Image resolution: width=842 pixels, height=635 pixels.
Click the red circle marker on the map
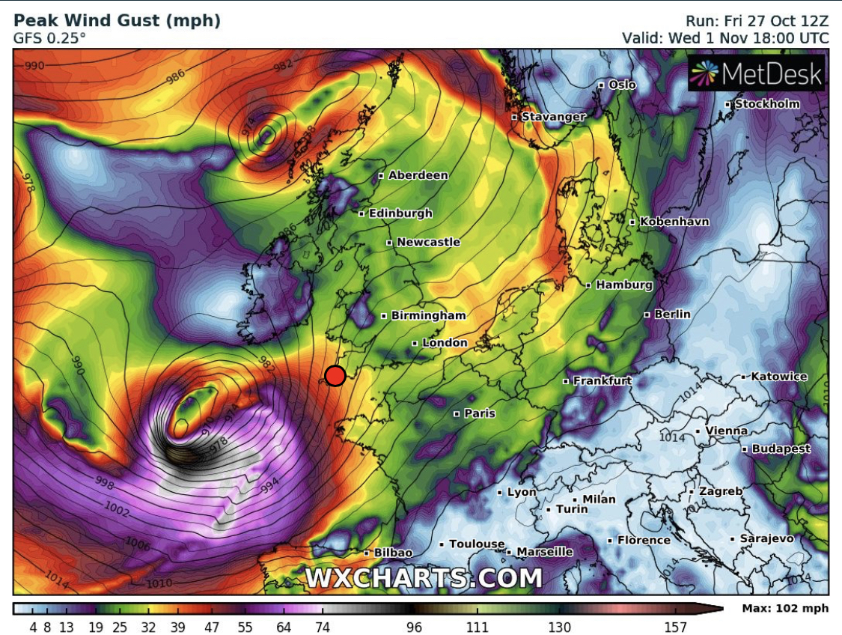pyautogui.click(x=335, y=375)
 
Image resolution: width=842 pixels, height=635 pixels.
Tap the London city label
pyautogui.click(x=445, y=343)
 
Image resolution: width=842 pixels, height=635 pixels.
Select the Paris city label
pyautogui.click(x=480, y=413)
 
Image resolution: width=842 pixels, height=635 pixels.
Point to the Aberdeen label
pyautogui.click(x=418, y=175)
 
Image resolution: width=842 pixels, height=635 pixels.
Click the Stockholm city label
pyautogui.click(x=767, y=104)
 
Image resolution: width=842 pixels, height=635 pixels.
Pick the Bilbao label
pyautogui.click(x=393, y=553)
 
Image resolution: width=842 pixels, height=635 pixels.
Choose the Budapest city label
pyautogui.click(x=781, y=449)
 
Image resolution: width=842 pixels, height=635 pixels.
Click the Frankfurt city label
pyautogui.click(x=602, y=380)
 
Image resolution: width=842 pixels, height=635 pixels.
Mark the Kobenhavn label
pyautogui.click(x=674, y=222)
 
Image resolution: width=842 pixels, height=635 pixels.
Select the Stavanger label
pyautogui.click(x=553, y=117)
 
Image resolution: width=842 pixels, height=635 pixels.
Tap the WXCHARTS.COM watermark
pyautogui.click(x=423, y=578)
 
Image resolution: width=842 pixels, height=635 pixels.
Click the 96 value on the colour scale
pyautogui.click(x=414, y=628)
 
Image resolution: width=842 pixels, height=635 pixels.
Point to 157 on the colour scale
pyautogui.click(x=675, y=628)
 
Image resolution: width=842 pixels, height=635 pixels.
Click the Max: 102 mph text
pyautogui.click(x=785, y=608)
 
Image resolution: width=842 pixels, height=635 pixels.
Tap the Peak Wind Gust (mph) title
pyautogui.click(x=117, y=21)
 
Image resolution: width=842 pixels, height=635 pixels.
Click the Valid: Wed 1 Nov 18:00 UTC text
pyautogui.click(x=725, y=38)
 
